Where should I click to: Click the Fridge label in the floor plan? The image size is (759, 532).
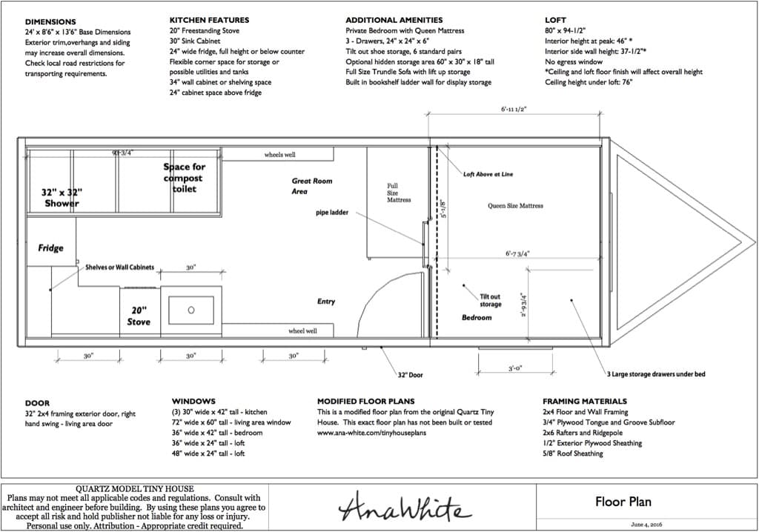point(51,248)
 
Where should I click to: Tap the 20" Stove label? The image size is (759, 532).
point(139,316)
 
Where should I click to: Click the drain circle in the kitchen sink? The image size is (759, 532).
point(191,310)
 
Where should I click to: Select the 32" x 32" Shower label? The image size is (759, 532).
point(62,198)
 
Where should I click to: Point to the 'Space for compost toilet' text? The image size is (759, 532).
point(184,178)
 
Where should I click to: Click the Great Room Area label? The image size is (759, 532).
point(312,186)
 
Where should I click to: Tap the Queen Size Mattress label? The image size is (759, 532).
point(515,206)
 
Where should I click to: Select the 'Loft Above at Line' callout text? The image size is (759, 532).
point(488,174)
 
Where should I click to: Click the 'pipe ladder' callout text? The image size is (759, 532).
point(332,213)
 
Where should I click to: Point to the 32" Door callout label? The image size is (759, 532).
point(410,375)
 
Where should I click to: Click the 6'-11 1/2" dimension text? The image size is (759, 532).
point(514,110)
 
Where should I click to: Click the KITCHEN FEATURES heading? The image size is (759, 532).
point(209,20)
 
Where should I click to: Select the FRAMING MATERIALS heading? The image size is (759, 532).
point(585,402)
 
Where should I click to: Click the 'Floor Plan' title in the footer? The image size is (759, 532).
point(623,502)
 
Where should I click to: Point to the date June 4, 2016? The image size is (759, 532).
point(646,525)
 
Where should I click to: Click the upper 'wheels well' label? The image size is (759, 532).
point(279,155)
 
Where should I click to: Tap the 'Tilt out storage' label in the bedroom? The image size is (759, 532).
point(491,301)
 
